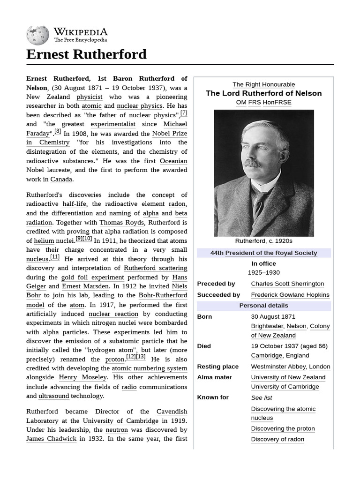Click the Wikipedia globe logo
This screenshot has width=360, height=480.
click(x=37, y=35)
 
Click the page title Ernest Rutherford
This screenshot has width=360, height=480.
click(x=86, y=54)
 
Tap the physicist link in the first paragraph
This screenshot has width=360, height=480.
click(x=89, y=97)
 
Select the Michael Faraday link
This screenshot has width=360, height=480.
click(x=175, y=124)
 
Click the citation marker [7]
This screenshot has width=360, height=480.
click(x=184, y=113)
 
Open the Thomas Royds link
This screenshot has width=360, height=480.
click(x=122, y=223)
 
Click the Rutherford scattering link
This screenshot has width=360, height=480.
click(x=155, y=268)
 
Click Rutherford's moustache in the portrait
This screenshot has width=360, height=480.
click(x=252, y=163)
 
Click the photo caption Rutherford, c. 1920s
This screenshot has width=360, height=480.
click(x=263, y=241)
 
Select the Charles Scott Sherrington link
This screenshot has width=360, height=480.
click(x=287, y=284)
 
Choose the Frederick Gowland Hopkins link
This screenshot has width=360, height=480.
click(x=290, y=295)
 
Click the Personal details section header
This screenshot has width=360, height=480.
click(x=263, y=306)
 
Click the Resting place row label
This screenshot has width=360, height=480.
click(x=217, y=367)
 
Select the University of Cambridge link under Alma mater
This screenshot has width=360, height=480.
click(x=285, y=387)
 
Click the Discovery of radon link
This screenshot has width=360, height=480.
click(x=277, y=439)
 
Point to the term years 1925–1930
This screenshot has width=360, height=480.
click(x=263, y=272)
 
